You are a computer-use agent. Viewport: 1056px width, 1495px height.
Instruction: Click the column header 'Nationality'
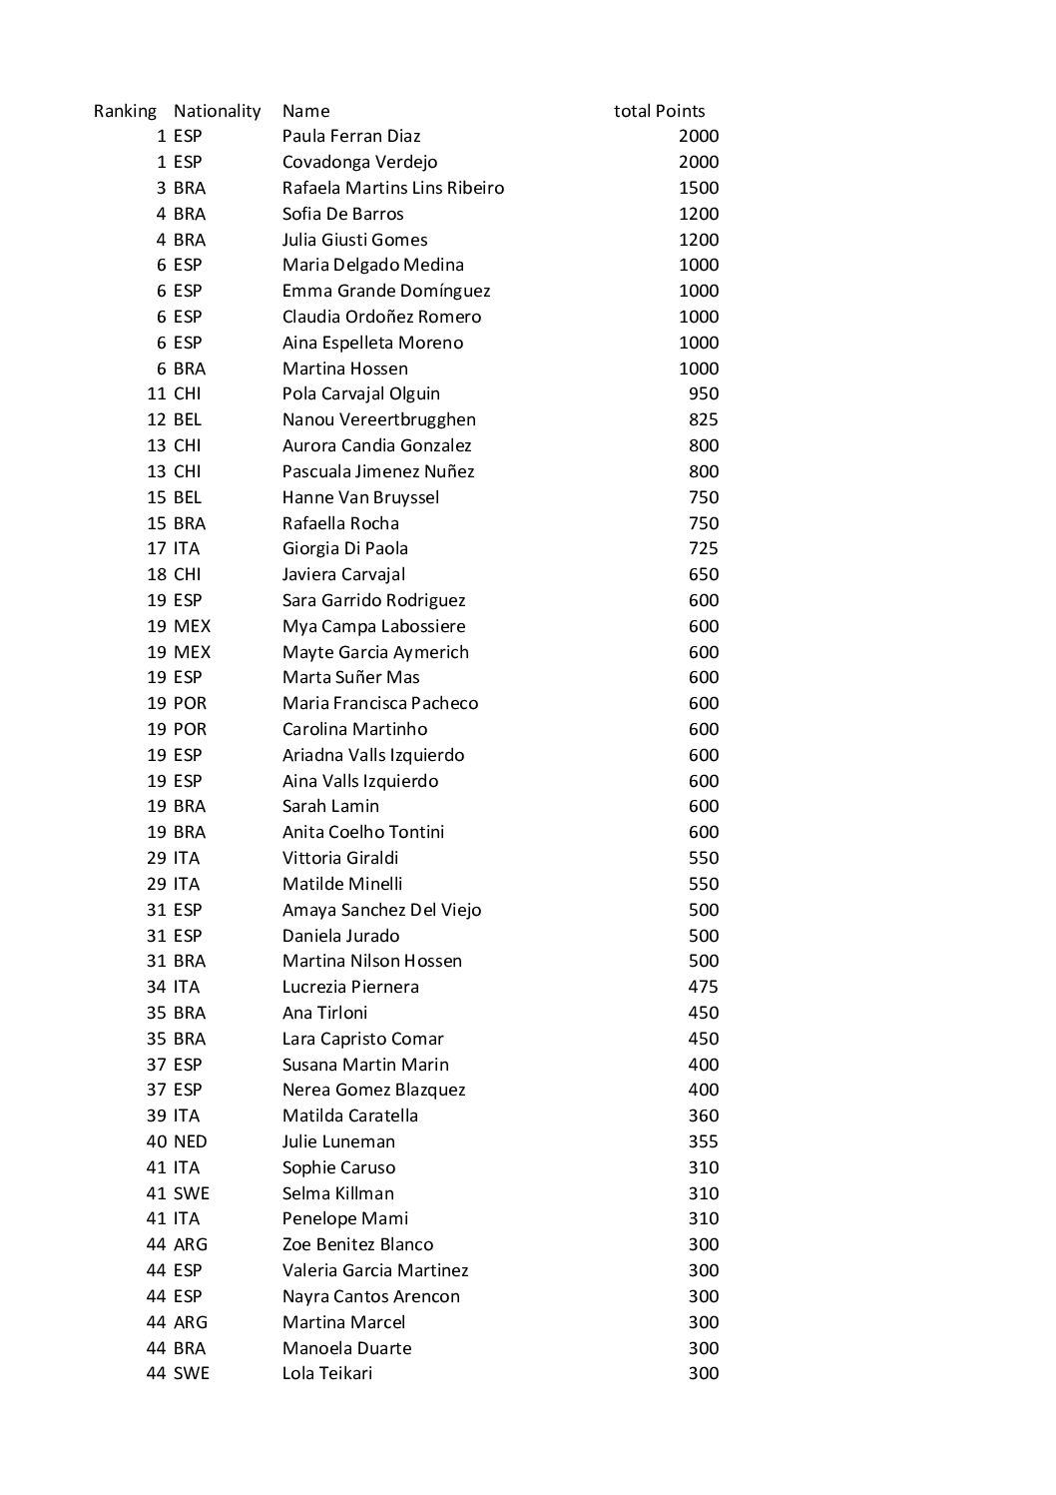click(217, 111)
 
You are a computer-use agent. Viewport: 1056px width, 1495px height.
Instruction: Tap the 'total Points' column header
click(659, 111)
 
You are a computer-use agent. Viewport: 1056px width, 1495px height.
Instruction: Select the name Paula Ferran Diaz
click(351, 136)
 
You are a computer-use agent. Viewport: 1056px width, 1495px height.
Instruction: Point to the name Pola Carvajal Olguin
click(360, 393)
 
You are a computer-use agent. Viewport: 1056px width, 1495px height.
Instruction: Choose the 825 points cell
click(703, 419)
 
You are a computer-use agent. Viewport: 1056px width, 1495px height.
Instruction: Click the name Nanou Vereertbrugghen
click(378, 419)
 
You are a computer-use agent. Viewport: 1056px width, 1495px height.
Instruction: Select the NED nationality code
click(190, 1141)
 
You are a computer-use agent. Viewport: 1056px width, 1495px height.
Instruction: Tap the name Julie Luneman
click(338, 1141)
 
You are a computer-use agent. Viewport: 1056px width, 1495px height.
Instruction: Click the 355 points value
click(703, 1141)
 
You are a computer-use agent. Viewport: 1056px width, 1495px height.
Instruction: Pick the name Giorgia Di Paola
click(344, 548)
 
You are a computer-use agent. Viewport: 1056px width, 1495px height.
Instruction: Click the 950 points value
click(703, 393)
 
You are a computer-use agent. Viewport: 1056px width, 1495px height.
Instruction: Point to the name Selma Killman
click(337, 1193)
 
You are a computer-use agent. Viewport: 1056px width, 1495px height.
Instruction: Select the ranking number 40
click(156, 1141)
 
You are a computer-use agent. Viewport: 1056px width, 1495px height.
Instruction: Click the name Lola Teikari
click(326, 1373)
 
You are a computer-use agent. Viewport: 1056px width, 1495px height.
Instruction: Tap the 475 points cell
click(703, 987)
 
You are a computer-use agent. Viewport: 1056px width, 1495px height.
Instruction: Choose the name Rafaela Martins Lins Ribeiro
click(392, 188)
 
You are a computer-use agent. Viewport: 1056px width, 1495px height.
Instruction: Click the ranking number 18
click(156, 574)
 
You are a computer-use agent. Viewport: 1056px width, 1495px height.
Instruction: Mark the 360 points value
click(703, 1116)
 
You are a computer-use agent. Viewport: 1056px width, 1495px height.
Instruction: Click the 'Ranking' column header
click(125, 111)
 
